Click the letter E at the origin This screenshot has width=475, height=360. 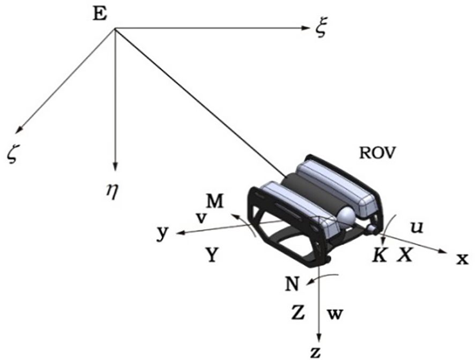coord(99,14)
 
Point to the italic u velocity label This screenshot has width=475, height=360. coord(417,227)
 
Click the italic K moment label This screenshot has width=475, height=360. coord(380,255)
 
